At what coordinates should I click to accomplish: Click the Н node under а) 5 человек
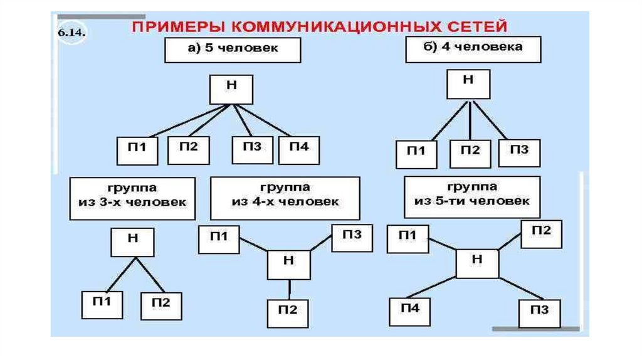231,88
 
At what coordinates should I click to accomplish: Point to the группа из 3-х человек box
132,198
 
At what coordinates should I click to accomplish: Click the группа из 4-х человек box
285,198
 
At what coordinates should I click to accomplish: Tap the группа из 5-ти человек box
471,197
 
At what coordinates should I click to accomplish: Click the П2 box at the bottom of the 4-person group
288,311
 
